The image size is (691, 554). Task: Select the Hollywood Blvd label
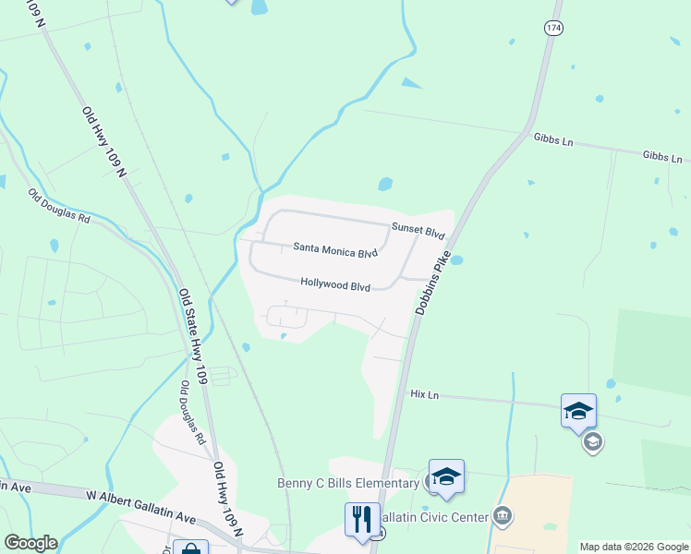point(334,285)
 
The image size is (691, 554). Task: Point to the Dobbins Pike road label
point(432,283)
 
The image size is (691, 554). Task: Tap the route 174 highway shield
point(552,29)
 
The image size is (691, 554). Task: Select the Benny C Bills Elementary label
point(347,483)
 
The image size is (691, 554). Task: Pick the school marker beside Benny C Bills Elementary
point(446,476)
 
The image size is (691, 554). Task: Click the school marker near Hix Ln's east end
point(578,410)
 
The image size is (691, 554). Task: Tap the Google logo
point(30,543)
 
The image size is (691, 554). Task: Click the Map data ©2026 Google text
point(633,547)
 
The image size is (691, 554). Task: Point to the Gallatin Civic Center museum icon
point(503,514)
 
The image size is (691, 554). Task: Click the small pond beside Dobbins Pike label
point(455,260)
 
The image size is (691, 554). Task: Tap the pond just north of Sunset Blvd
point(385,184)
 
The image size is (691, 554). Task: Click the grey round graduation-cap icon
point(591,443)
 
